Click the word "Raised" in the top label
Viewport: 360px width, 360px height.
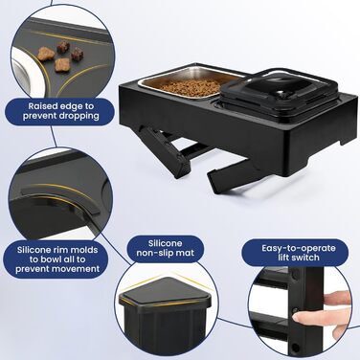pyautogui.click(x=44, y=105)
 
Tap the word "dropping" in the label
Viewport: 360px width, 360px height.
pyautogui.click(x=79, y=116)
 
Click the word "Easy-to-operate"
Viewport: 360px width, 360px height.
pyautogui.click(x=299, y=248)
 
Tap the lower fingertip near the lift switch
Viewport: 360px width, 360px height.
pyautogui.click(x=300, y=318)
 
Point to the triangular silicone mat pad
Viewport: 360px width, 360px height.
pyautogui.click(x=166, y=290)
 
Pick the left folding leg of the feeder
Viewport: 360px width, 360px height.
pyautogui.click(x=166, y=151)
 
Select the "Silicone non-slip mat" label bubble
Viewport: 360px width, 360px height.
pyautogui.click(x=165, y=249)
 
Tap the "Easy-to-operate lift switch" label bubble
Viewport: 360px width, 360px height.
pyautogui.click(x=299, y=253)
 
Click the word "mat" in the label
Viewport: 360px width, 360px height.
pyautogui.click(x=185, y=253)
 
